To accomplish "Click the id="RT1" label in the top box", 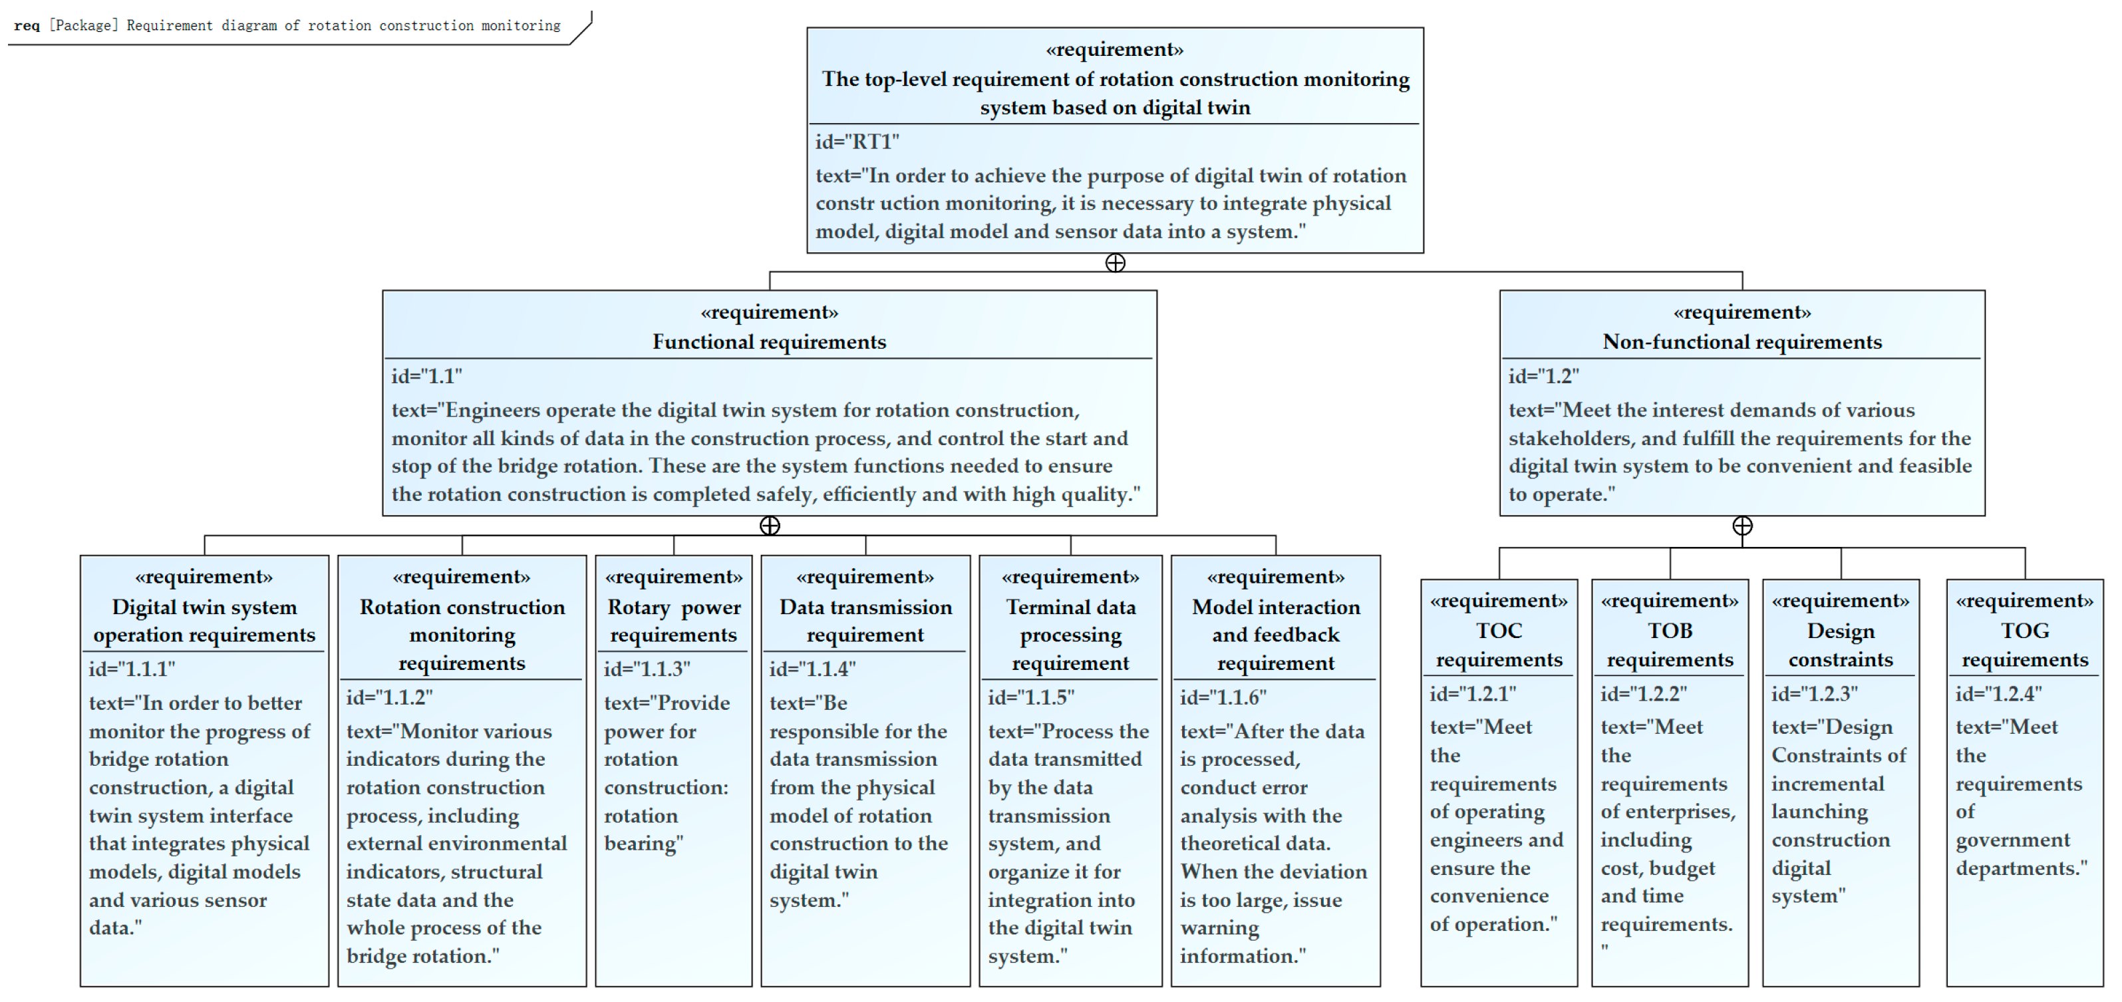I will pos(857,142).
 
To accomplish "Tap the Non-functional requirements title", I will pos(1742,342).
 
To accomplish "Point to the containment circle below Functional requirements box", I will pos(770,526).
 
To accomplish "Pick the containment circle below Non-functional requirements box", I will pos(1742,526).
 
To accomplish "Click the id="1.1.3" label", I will pos(647,669).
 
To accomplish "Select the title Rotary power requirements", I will pos(673,621).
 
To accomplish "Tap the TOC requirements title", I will pos(1499,644).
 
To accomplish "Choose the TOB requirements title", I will pos(1670,644).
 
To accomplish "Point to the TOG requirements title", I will pos(2024,644).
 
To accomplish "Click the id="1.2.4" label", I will pos(1998,694).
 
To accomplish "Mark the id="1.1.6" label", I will pos(1223,697).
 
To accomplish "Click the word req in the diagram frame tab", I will pos(27,25).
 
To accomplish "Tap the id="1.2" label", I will pos(1543,377).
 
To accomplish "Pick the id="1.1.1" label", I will pos(132,669).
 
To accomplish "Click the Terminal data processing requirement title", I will pos(1070,635).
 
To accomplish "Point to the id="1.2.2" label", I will pos(1644,694).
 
